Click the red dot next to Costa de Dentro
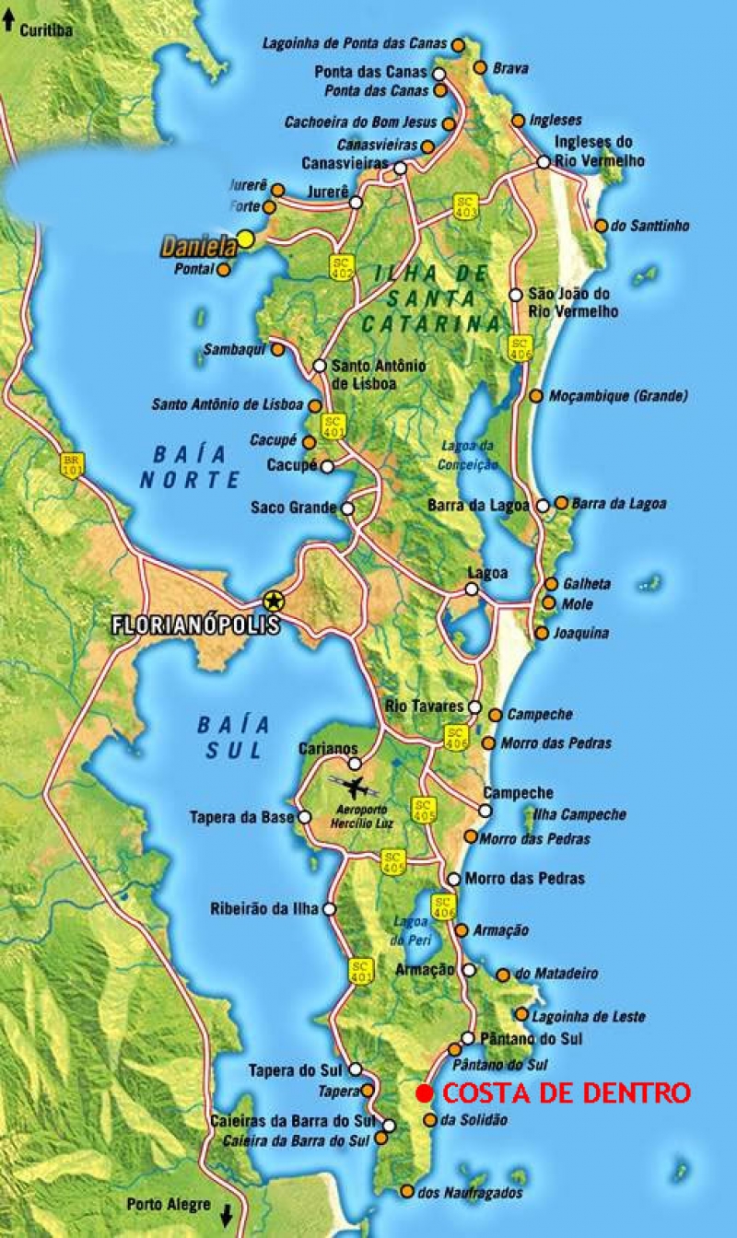tap(423, 1093)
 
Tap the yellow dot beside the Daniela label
tap(245, 239)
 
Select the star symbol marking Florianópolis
tap(273, 601)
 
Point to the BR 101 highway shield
tap(72, 462)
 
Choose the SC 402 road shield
tap(342, 267)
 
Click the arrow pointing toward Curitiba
tap(8, 22)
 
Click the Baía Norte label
tap(190, 466)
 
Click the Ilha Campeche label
tap(579, 814)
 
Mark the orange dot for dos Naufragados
tap(407, 1192)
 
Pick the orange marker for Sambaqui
tap(278, 350)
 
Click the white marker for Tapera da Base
tap(305, 817)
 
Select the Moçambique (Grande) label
tap(618, 396)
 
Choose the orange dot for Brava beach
tap(480, 67)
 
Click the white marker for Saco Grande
tap(347, 508)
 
